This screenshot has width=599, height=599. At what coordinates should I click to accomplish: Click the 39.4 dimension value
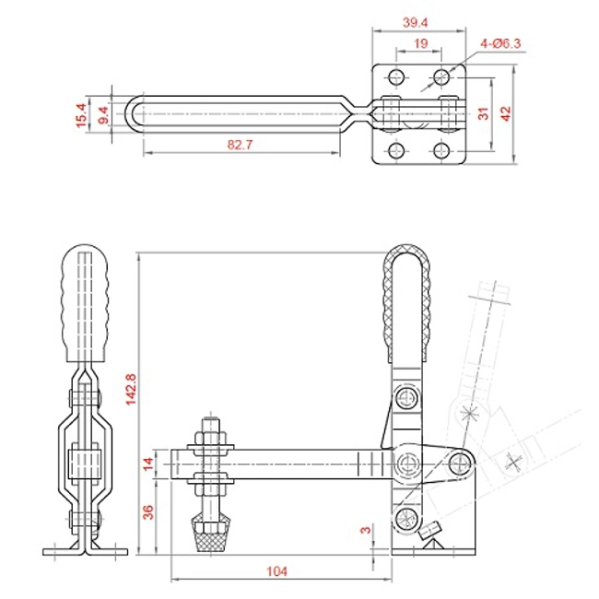point(415,22)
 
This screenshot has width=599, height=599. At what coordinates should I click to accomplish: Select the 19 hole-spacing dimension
point(420,43)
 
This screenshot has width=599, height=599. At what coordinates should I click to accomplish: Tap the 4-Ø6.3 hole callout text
point(500,43)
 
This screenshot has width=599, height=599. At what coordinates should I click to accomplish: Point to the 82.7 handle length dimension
point(240,145)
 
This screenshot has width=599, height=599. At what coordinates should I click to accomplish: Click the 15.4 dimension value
point(81,115)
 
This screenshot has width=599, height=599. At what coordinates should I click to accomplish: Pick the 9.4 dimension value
point(103,115)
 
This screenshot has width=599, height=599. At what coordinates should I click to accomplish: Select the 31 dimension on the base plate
point(483,113)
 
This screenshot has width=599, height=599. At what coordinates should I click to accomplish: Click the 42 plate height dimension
point(505,114)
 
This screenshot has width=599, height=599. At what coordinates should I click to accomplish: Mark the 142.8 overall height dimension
point(131,389)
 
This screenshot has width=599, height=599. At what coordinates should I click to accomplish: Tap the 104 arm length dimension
point(276,571)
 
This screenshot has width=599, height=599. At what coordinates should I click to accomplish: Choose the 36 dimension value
point(148,512)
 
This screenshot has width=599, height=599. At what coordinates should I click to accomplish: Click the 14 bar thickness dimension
point(148,464)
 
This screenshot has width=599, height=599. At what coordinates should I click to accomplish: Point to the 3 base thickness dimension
point(366,530)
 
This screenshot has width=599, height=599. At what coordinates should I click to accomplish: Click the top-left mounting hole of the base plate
point(396,77)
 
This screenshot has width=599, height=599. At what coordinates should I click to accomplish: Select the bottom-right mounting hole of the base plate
point(441,150)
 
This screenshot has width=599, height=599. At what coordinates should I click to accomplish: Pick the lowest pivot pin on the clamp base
point(405,519)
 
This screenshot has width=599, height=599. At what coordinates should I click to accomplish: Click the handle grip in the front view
point(85,303)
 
